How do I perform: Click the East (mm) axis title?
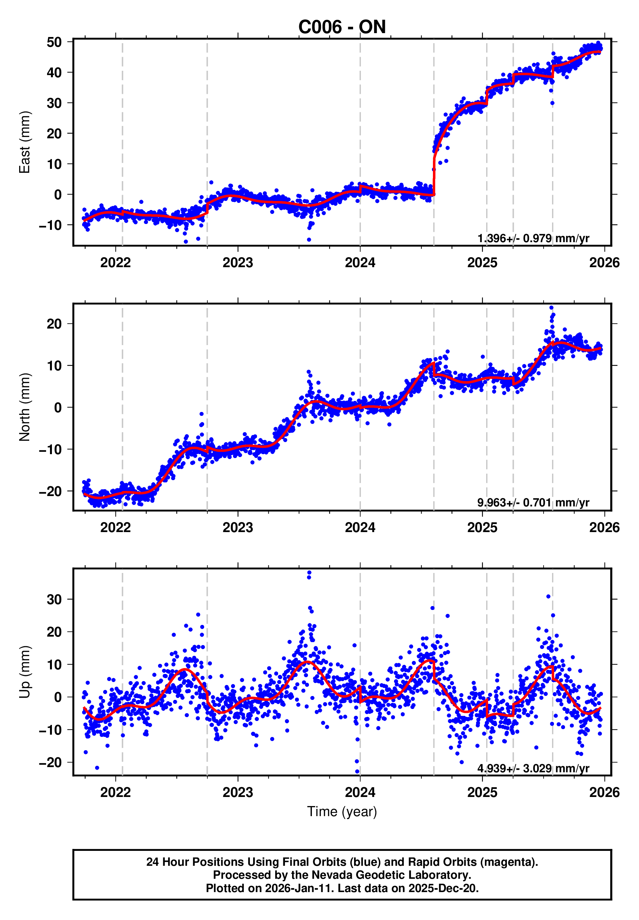25,142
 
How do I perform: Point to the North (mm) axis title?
25,407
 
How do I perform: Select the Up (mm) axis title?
25,672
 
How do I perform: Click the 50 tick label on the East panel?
54,42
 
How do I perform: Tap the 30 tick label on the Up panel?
54,600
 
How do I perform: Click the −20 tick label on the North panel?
50,491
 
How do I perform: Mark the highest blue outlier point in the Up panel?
309,573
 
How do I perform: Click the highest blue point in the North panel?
551,308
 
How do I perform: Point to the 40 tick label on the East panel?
54,72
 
